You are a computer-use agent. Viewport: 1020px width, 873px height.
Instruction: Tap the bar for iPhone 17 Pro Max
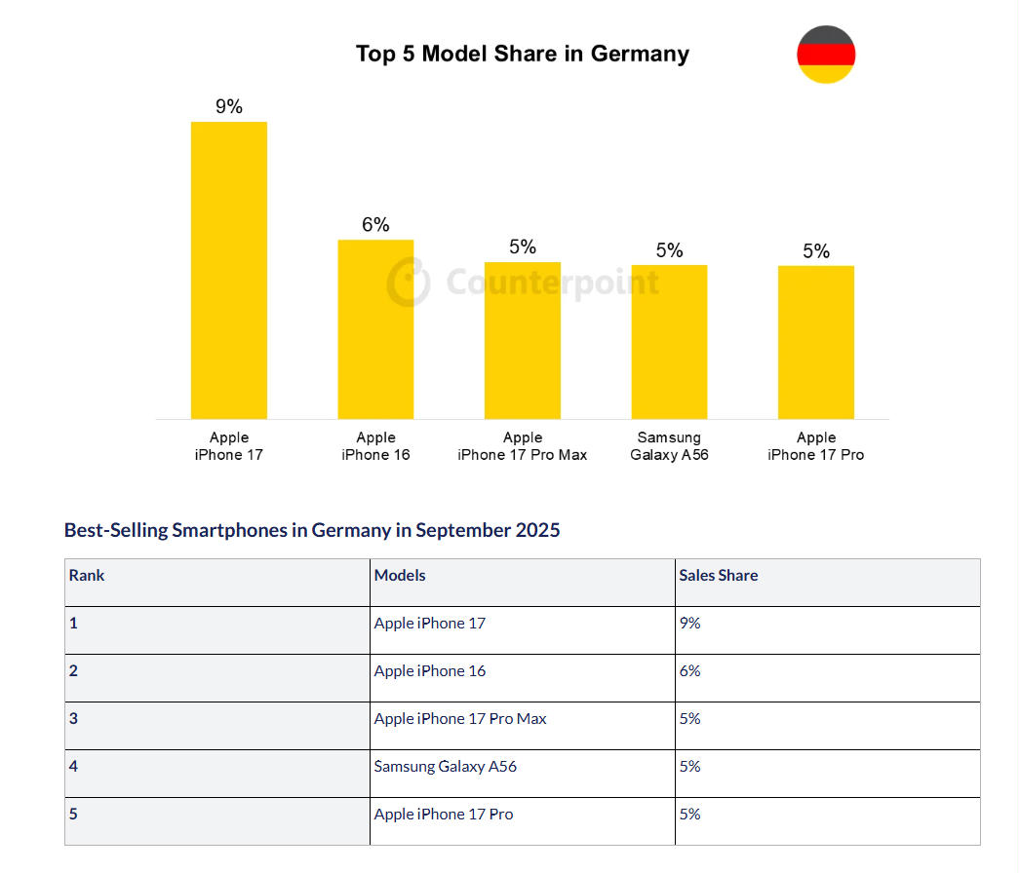click(523, 340)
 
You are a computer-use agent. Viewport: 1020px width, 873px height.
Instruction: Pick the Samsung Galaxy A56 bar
click(669, 342)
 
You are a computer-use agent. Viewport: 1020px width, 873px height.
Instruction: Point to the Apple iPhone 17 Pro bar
click(816, 342)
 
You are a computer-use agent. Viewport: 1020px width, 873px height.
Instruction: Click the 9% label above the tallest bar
click(229, 106)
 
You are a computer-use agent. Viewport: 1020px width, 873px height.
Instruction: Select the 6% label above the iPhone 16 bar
click(375, 224)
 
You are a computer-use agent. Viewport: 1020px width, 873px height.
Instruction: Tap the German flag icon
click(826, 55)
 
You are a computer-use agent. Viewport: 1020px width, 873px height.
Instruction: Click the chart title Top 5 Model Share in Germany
click(522, 54)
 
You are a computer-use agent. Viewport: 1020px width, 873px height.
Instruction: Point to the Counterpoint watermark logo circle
click(408, 283)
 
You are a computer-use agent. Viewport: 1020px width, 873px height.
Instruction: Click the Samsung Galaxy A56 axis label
click(669, 446)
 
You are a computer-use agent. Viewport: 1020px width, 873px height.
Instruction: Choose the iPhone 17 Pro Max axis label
click(523, 446)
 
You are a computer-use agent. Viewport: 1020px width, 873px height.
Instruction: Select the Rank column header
click(87, 576)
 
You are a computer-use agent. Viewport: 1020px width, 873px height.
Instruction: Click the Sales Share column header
click(719, 576)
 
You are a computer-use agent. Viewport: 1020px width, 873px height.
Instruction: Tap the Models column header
click(400, 576)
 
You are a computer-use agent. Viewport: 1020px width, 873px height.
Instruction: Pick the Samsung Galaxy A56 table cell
click(446, 767)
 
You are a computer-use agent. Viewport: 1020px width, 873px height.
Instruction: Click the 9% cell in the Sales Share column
click(690, 624)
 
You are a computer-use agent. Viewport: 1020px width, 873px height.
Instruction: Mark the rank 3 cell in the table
click(74, 719)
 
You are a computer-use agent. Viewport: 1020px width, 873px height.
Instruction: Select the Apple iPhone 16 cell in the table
click(430, 671)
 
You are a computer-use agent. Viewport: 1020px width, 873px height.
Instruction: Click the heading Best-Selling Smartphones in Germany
click(312, 530)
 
